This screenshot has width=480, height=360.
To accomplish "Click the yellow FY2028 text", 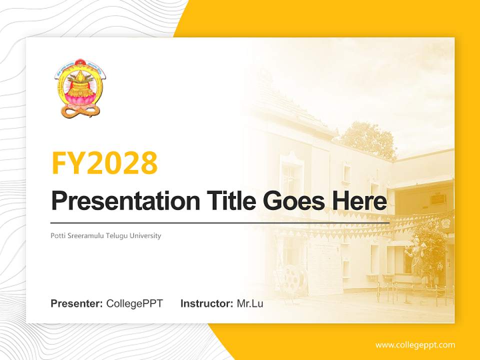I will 104,162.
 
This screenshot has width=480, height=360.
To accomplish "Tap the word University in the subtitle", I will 145,235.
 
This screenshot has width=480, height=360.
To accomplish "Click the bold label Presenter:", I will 77,303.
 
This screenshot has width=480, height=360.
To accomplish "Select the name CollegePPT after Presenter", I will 134,303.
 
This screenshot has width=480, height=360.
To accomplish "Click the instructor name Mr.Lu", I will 250,303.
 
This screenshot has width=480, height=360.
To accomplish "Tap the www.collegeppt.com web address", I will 415,345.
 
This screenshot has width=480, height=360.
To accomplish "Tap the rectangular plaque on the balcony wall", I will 438,199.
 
